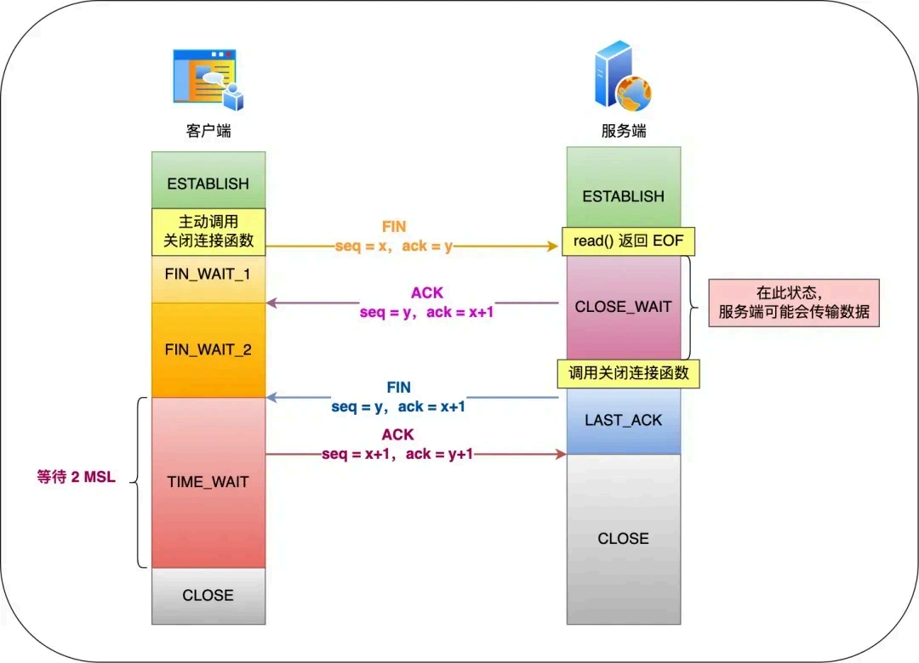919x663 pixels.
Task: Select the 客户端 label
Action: [x=208, y=132]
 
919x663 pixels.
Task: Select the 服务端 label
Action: [x=623, y=132]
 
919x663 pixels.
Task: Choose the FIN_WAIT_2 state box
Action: [x=208, y=349]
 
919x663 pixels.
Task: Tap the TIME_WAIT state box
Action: [x=208, y=482]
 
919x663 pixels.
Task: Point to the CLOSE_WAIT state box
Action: [x=623, y=307]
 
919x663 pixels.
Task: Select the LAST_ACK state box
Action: [x=623, y=421]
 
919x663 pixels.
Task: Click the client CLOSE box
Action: [x=208, y=595]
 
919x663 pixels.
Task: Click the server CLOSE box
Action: [x=623, y=538]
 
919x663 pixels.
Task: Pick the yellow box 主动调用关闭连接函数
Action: [x=208, y=231]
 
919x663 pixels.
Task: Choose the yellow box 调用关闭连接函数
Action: [x=629, y=373]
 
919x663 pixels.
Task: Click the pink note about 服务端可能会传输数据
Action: [x=794, y=303]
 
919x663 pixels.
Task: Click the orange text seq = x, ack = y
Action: [x=394, y=246]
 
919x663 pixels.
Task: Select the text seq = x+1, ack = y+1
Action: [x=397, y=455]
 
